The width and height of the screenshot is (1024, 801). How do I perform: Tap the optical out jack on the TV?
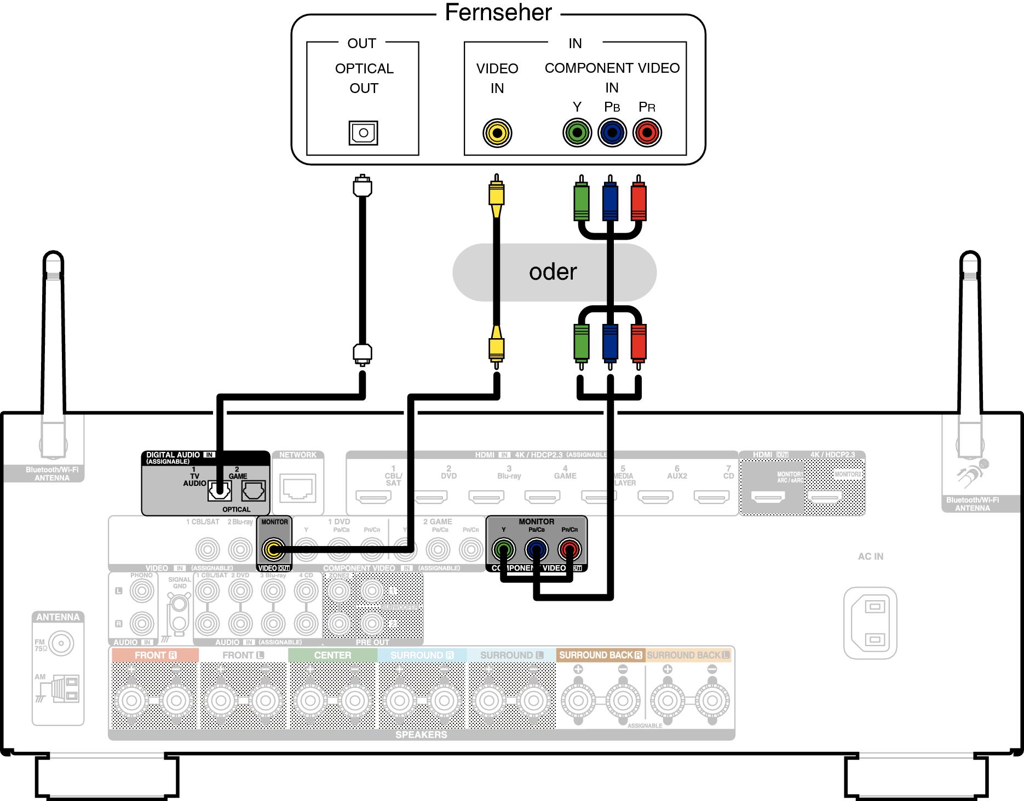click(x=363, y=133)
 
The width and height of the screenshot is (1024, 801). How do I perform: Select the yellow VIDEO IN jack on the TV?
click(x=497, y=133)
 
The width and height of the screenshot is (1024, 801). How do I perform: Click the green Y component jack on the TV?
click(x=577, y=133)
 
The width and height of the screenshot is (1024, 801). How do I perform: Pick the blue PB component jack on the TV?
click(x=612, y=133)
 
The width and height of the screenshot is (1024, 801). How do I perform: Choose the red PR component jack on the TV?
click(x=647, y=133)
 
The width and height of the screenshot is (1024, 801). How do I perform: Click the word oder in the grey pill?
click(x=553, y=272)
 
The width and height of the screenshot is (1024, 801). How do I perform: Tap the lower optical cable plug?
click(x=363, y=353)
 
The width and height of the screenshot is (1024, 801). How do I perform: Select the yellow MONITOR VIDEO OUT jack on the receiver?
click(x=273, y=549)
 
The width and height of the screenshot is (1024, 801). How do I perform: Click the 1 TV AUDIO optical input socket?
click(x=220, y=491)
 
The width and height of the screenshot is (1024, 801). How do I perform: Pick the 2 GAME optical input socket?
click(x=254, y=491)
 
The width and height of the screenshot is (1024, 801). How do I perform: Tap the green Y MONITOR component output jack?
click(x=504, y=549)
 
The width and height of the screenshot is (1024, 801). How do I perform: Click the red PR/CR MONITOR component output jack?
click(x=569, y=549)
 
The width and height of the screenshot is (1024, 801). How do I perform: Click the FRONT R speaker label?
click(x=156, y=655)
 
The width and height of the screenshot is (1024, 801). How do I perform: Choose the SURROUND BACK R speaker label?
click(x=601, y=655)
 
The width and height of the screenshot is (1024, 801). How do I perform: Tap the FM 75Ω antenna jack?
click(x=61, y=643)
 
